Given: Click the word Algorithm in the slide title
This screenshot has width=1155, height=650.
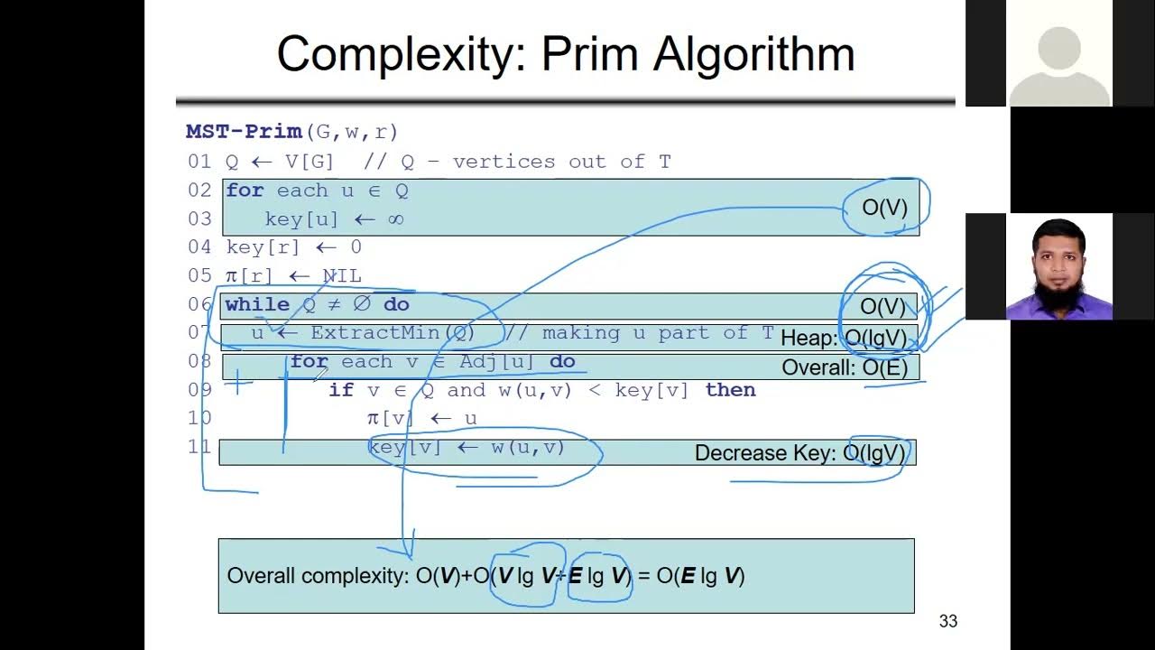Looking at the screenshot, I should (753, 54).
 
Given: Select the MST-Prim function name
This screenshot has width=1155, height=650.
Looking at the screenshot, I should (244, 132).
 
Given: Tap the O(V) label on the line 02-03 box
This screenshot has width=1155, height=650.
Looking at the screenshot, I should (884, 208).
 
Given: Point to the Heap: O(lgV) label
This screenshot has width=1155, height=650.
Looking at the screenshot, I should (843, 339).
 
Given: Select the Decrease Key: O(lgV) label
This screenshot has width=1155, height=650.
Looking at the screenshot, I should (799, 453).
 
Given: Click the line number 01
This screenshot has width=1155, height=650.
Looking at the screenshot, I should (199, 162).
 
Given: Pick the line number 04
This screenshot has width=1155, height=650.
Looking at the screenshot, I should (199, 247).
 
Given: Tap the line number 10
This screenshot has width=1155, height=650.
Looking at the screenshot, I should (199, 418).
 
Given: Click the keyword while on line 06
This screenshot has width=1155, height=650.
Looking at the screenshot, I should (257, 305).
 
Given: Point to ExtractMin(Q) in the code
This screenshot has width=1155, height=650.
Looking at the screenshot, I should (393, 333).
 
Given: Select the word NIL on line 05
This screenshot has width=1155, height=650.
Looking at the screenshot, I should (342, 276).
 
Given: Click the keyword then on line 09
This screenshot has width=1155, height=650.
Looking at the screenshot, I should (730, 390).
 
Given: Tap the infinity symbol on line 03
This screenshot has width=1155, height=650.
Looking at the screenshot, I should (394, 219).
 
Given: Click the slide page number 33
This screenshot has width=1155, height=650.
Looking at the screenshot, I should (947, 621).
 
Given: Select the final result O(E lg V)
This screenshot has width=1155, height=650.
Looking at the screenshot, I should (700, 576).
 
